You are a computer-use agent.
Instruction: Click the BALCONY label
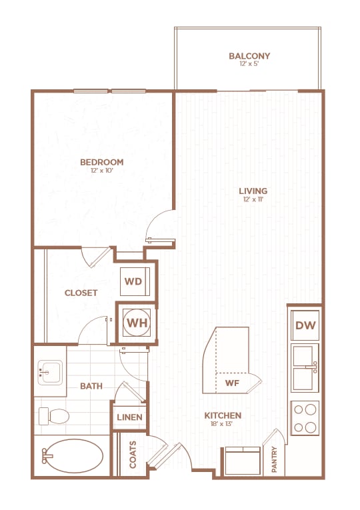click(x=249, y=56)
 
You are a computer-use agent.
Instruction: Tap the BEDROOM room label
click(x=102, y=162)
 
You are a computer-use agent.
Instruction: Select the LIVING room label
click(x=253, y=191)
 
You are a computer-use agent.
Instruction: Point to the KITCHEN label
click(x=223, y=415)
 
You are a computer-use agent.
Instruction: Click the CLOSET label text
click(x=81, y=293)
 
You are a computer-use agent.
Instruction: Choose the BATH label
click(x=90, y=386)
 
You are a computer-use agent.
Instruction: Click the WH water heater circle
click(x=137, y=323)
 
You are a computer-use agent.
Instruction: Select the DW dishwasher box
click(x=305, y=325)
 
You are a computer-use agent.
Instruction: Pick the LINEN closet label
click(x=130, y=418)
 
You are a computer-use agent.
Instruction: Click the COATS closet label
click(x=133, y=454)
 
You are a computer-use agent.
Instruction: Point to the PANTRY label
click(x=275, y=460)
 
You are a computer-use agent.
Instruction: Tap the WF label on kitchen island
click(x=232, y=383)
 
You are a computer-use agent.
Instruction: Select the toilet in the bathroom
click(x=55, y=417)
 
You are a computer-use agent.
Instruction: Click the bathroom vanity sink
click(x=50, y=371)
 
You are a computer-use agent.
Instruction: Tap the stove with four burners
click(x=305, y=418)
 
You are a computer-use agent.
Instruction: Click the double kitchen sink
click(x=305, y=367)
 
